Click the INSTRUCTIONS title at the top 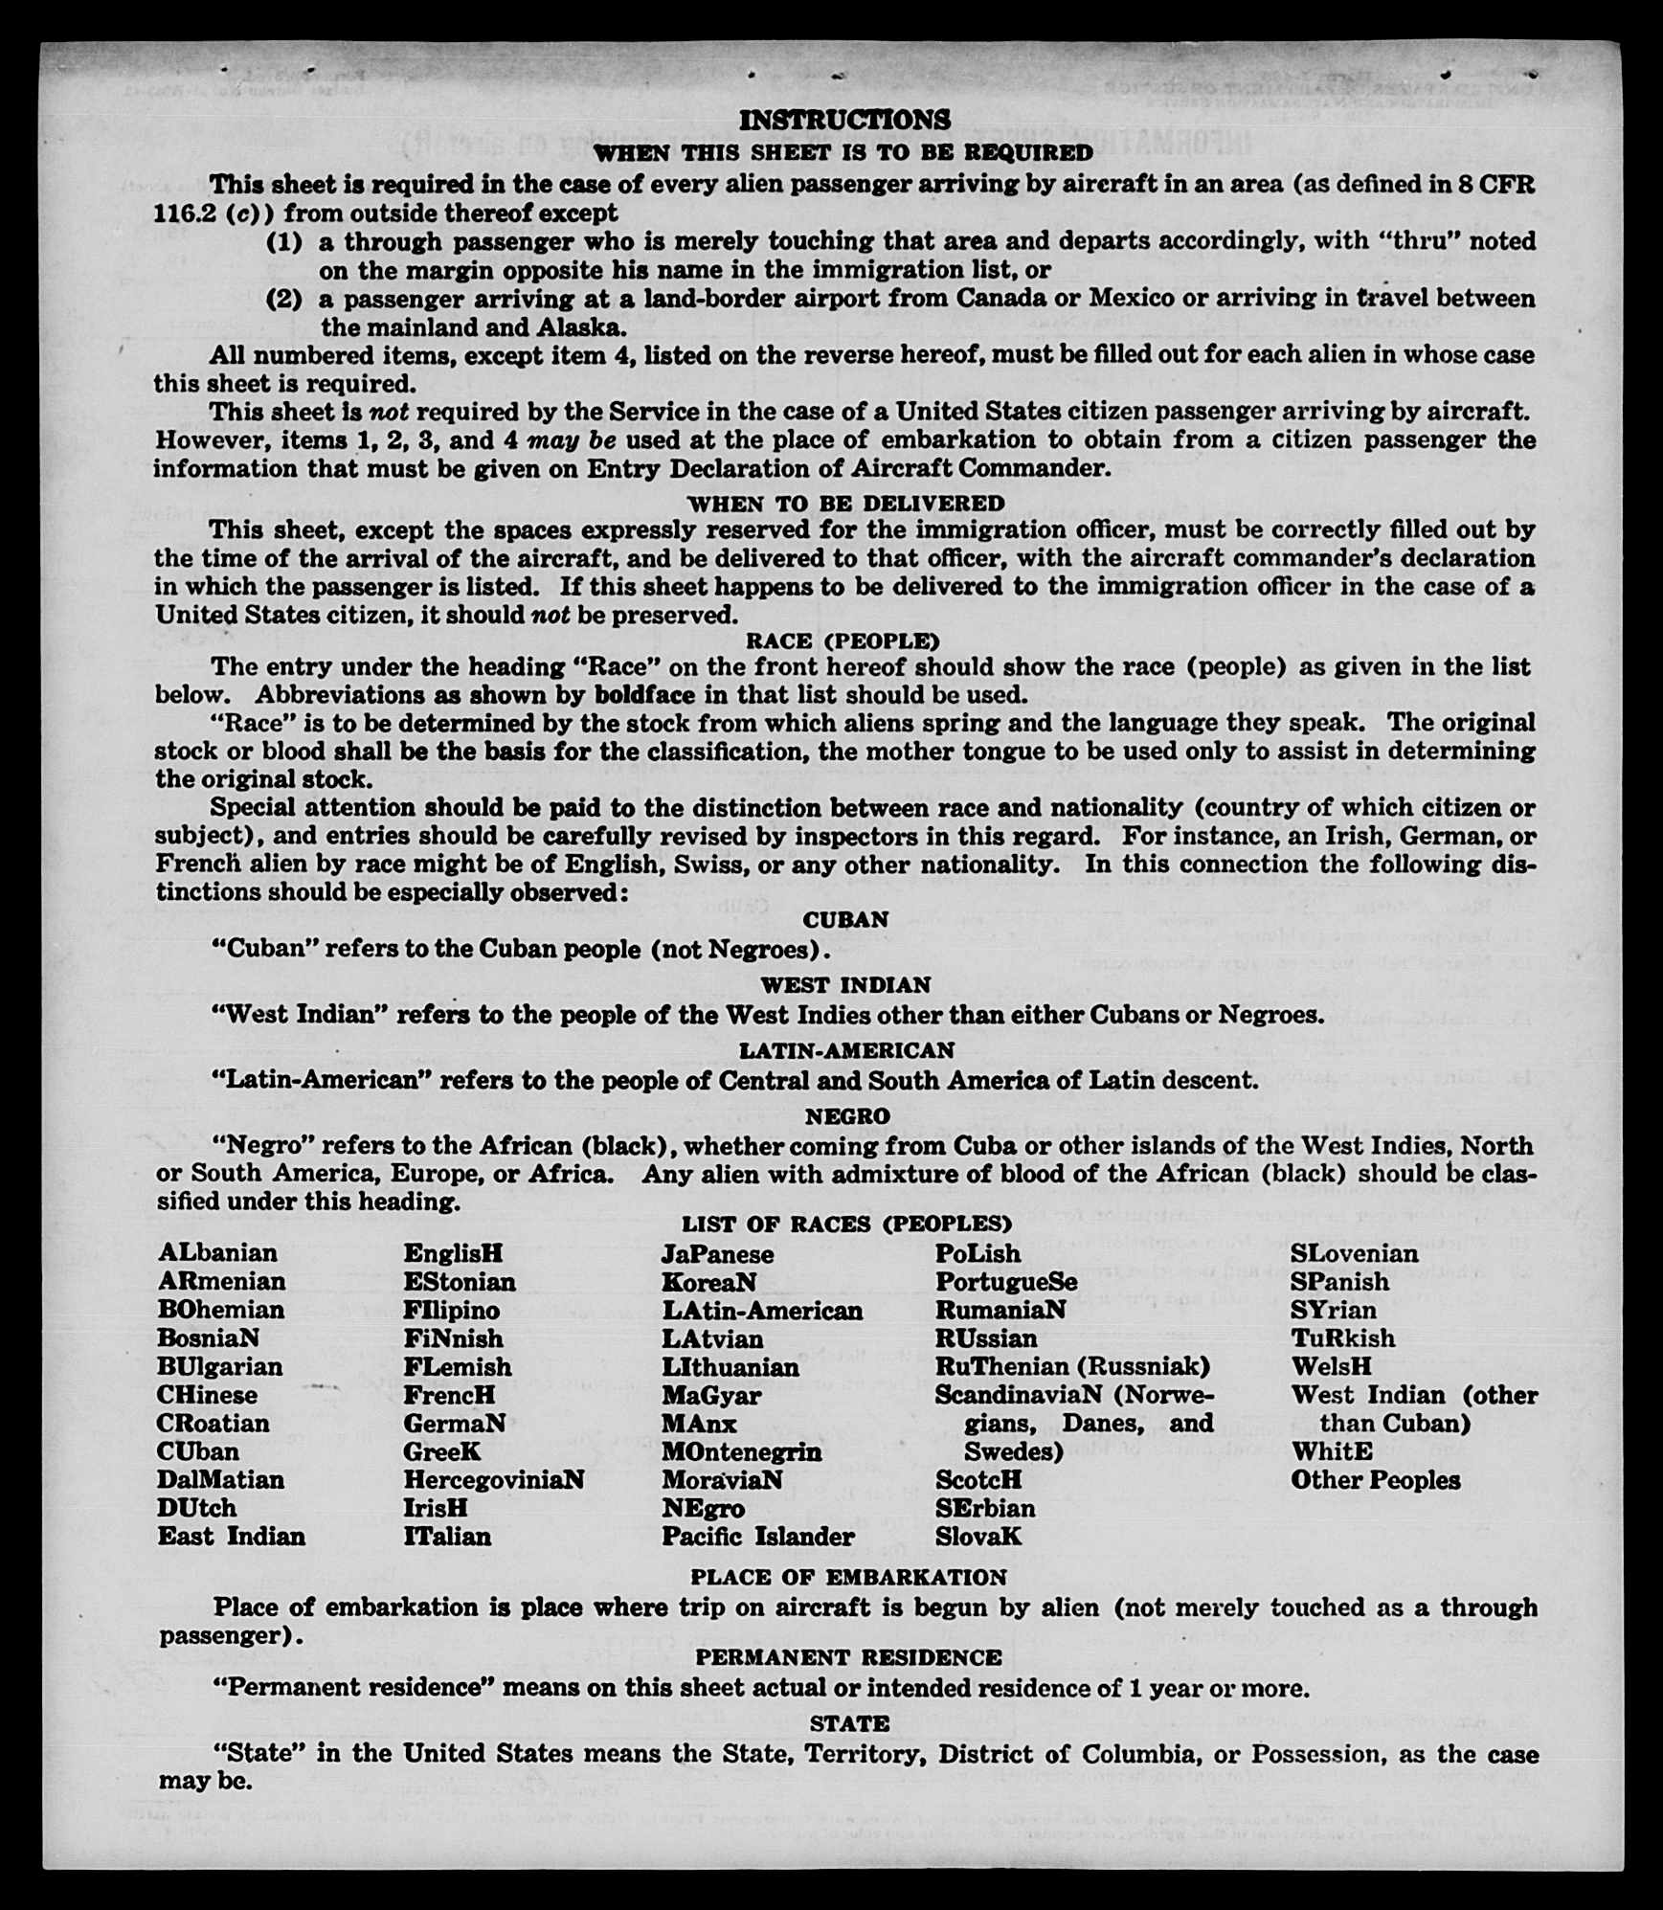(x=844, y=120)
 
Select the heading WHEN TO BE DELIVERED (x=845, y=504)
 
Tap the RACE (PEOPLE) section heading (x=843, y=640)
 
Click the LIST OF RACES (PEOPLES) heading (x=846, y=1225)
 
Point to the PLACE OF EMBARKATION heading (x=848, y=1577)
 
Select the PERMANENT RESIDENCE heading (x=848, y=1657)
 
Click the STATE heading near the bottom (x=849, y=1723)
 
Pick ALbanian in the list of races (x=218, y=1253)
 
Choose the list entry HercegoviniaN (x=493, y=1479)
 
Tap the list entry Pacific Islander (x=757, y=1536)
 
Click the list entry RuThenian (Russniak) (x=1072, y=1366)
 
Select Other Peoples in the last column (x=1375, y=1480)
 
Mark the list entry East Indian (x=232, y=1536)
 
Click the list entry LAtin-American (x=762, y=1310)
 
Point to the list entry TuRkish (x=1342, y=1337)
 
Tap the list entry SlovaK (x=978, y=1536)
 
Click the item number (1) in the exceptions (x=284, y=242)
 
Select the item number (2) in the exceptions (x=284, y=299)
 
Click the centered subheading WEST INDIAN (x=845, y=985)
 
